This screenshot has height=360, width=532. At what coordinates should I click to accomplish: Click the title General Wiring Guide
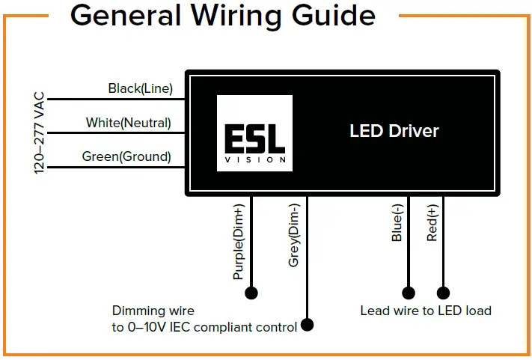[222, 16]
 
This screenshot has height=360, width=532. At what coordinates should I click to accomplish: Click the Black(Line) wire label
[140, 89]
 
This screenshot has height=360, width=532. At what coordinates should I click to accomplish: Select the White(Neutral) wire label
[128, 123]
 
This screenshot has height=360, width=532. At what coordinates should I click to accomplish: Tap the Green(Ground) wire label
[126, 157]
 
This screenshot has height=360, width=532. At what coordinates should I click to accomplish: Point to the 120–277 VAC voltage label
[40, 133]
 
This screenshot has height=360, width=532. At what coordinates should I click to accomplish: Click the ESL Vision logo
[254, 133]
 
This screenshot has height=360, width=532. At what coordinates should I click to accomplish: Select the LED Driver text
[394, 131]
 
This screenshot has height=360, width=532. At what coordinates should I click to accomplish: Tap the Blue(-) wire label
[397, 223]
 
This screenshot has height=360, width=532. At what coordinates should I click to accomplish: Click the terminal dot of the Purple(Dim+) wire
[251, 293]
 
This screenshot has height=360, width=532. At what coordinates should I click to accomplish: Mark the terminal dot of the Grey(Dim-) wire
[307, 325]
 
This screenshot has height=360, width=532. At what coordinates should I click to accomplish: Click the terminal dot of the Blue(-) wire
[409, 293]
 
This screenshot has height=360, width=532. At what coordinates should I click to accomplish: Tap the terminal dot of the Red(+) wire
[443, 293]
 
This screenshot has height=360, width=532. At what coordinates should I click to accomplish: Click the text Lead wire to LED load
[425, 311]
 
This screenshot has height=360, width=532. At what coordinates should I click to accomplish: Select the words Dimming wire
[153, 311]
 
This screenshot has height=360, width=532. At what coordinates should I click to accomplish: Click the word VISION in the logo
[254, 159]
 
